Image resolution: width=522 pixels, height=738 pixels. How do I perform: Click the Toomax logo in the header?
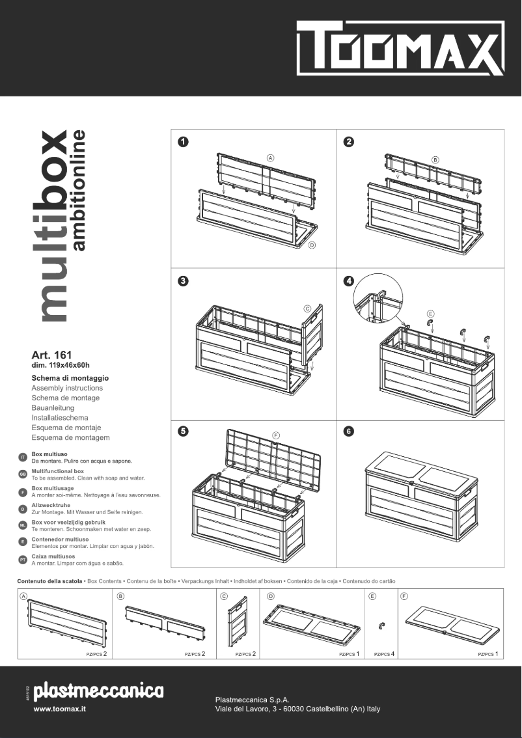point(400,49)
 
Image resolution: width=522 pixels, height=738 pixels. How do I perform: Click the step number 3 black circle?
point(184,281)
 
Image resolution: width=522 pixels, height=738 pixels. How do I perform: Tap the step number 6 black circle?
point(348,432)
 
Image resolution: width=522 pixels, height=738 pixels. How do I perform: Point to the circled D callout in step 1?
point(312,245)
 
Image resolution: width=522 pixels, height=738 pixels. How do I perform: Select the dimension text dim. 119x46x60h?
point(61,365)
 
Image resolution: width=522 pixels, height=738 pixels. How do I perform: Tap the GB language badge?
point(23,475)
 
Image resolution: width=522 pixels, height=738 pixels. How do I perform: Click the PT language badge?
point(23,560)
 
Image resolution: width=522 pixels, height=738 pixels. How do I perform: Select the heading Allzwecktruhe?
point(51,505)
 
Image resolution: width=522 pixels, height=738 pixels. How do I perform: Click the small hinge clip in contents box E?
point(382,625)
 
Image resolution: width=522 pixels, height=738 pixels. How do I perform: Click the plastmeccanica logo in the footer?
point(98,690)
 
